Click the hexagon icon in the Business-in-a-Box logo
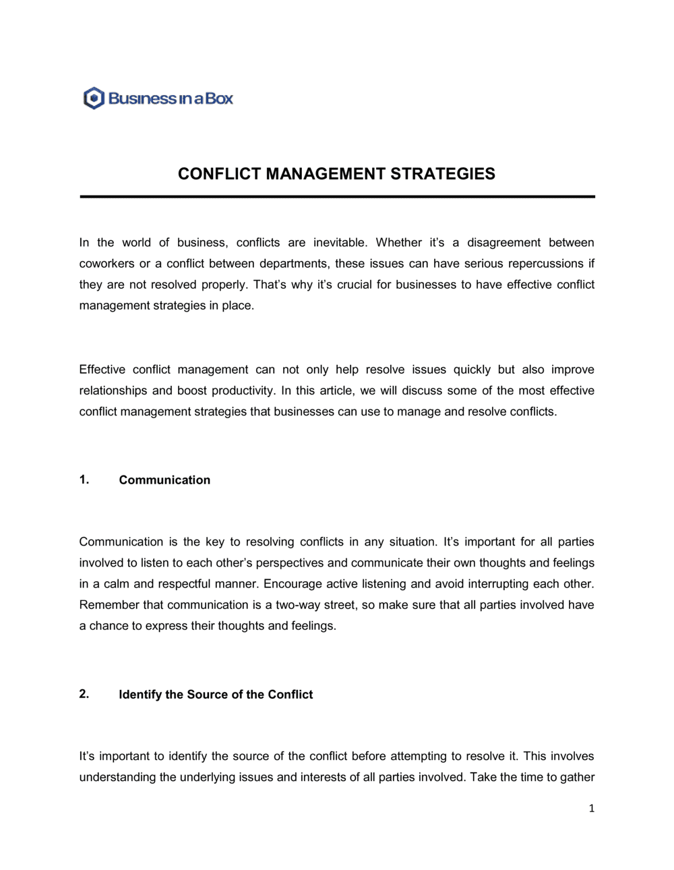point(94,98)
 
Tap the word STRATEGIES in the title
point(443,174)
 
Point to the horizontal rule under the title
point(337,197)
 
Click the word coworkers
point(106,264)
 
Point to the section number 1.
point(84,480)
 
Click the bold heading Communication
point(164,480)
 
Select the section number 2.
point(84,694)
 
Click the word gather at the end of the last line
point(578,778)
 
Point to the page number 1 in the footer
point(591,809)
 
